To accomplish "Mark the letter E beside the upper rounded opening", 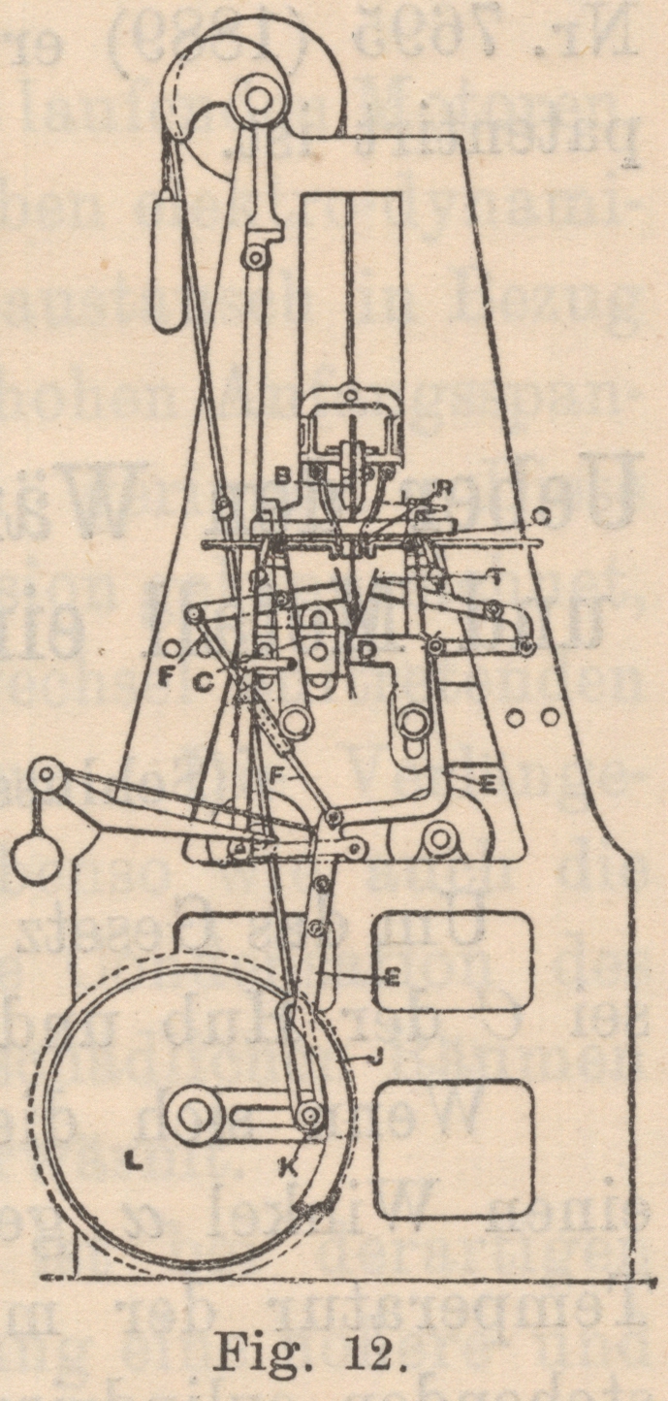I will pyautogui.click(x=391, y=979).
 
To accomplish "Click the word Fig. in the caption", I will pyautogui.click(x=257, y=1351).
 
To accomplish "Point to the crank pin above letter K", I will pyautogui.click(x=310, y=1117).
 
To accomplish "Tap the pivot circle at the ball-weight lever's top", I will pyautogui.click(x=46, y=776).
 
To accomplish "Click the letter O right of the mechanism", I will pyautogui.click(x=543, y=511).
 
